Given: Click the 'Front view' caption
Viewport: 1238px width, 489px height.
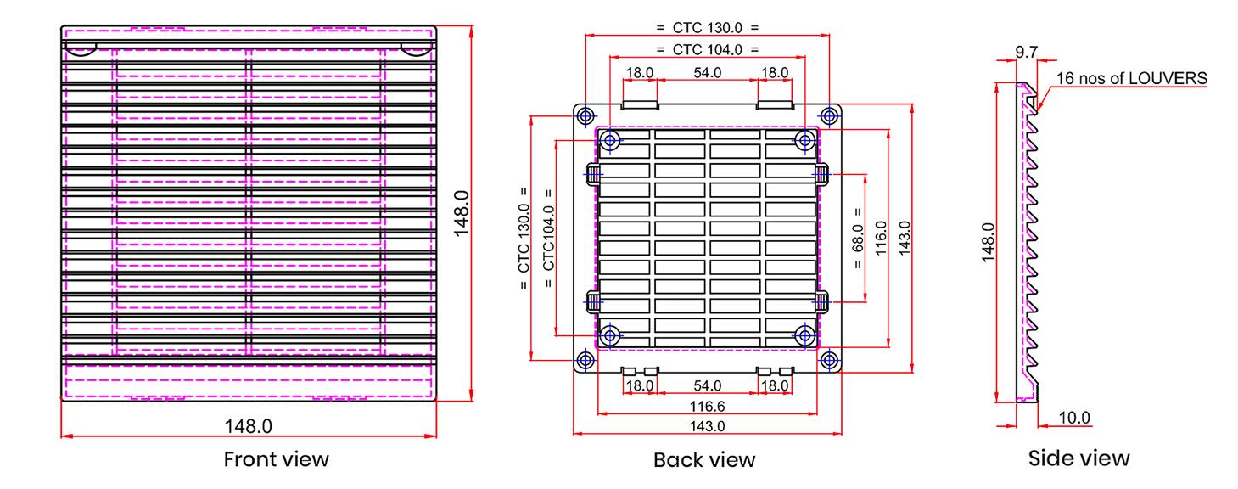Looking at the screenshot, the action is coord(276,459).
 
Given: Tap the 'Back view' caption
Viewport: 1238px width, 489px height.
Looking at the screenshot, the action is coord(704,459).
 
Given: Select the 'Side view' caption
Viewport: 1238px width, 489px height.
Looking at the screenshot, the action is coord(1078,458).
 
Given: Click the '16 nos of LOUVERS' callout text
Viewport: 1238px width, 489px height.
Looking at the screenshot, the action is coord(1131,79).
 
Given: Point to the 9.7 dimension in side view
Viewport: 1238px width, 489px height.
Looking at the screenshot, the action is coord(1027,52).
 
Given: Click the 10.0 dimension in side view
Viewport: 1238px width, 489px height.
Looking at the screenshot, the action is coord(1074,418).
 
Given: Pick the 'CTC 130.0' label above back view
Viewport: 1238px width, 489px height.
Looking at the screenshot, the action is coord(708,28).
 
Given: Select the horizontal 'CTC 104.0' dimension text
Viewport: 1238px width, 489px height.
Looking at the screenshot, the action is coord(708,50).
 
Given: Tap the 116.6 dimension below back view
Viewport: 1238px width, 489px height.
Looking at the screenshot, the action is coord(708,407).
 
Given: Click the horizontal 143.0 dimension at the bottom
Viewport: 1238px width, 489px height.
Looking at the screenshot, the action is coord(708,426).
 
